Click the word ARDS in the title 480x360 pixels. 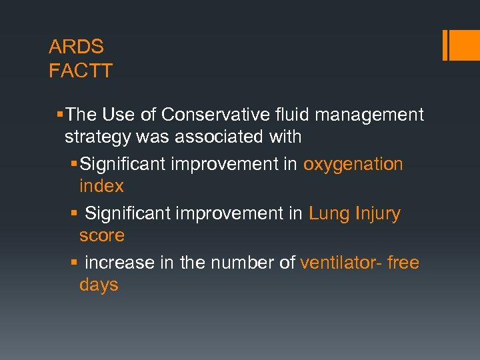(x=76, y=47)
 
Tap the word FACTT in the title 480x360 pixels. (x=81, y=71)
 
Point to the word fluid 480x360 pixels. (x=293, y=115)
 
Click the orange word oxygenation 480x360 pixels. (x=353, y=165)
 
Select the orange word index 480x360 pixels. (x=101, y=187)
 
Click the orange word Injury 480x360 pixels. (x=378, y=214)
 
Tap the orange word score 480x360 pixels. (x=101, y=236)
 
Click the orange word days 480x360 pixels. (x=99, y=285)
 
